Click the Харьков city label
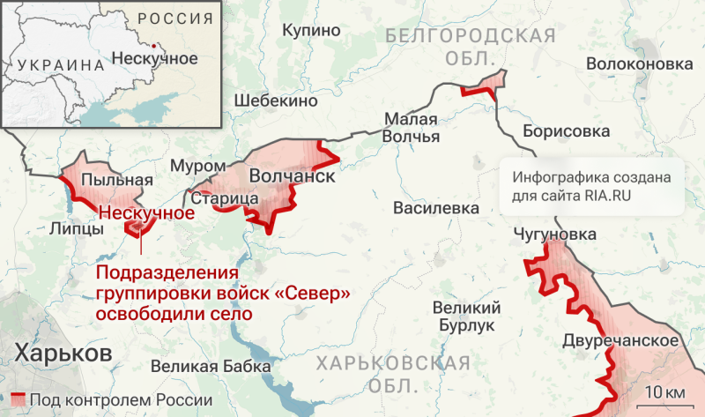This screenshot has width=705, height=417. click(63, 354)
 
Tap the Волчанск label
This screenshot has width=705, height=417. click(292, 176)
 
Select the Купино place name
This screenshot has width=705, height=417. click(311, 31)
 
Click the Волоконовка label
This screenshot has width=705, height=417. click(639, 64)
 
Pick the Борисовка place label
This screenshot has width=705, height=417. click(566, 131)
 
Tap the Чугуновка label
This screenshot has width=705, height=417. click(555, 235)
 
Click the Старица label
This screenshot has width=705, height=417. click(224, 199)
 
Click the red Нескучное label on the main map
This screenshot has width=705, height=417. click(146, 213)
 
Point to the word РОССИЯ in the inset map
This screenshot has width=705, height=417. click(176, 18)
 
